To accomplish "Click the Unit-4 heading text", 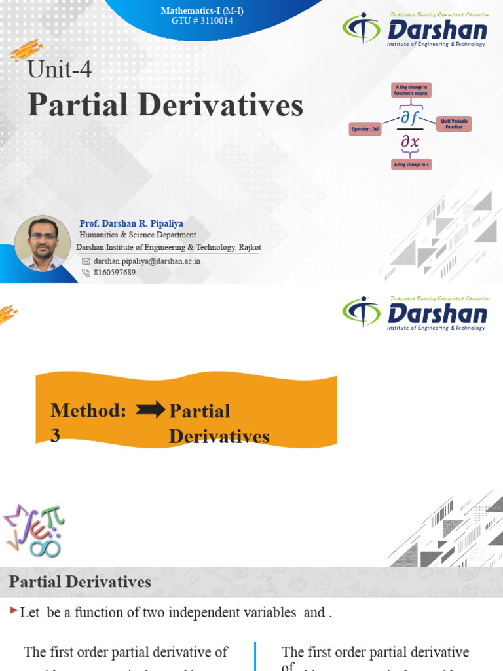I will (59, 69).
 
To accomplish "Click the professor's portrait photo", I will (43, 243).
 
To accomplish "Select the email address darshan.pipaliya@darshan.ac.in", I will (147, 261).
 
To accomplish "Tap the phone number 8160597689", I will (115, 272).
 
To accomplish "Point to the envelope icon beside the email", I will (86, 261).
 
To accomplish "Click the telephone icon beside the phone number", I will (86, 272).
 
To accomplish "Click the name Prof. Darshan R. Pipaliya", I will (131, 223).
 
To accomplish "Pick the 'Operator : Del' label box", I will (365, 129).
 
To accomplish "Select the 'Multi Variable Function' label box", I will (453, 123).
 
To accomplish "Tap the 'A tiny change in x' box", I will (411, 164).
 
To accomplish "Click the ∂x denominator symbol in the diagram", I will (410, 143).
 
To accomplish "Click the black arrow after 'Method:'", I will (150, 410).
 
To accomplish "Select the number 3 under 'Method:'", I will (56, 436).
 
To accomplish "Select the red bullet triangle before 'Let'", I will (14, 611).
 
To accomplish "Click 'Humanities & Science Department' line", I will (138, 235).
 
